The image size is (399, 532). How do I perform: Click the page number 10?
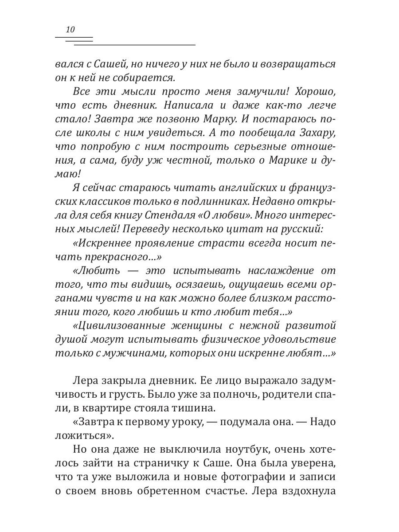(x=70, y=30)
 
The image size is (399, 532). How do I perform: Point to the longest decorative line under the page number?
(x=134, y=45)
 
